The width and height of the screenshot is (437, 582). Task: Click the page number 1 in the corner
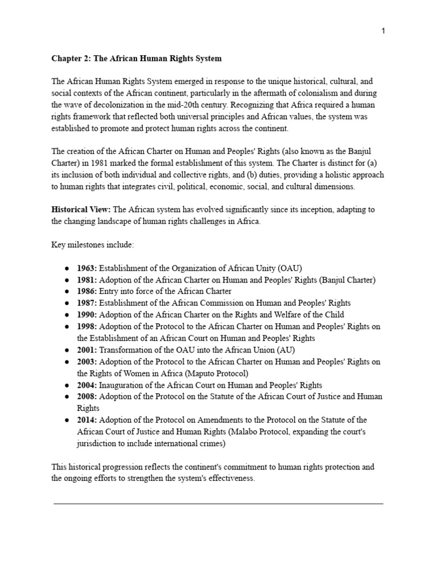pos(384,31)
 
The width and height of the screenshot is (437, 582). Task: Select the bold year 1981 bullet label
pos(87,280)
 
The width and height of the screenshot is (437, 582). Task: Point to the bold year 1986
pos(87,292)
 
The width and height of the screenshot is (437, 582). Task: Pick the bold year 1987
pos(87,303)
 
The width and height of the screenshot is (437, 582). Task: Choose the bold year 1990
pos(87,315)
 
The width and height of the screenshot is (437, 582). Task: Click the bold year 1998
pos(87,326)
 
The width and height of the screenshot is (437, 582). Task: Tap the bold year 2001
pos(87,350)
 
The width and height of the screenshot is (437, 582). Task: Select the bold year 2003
pos(87,361)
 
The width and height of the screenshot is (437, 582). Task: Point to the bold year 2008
pos(87,397)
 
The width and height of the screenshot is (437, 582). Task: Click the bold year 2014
pos(87,421)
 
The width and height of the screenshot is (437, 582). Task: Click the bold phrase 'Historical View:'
pos(81,210)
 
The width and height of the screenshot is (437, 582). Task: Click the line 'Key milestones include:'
pos(93,245)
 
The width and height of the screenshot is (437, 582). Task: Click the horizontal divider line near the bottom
pos(218,504)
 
